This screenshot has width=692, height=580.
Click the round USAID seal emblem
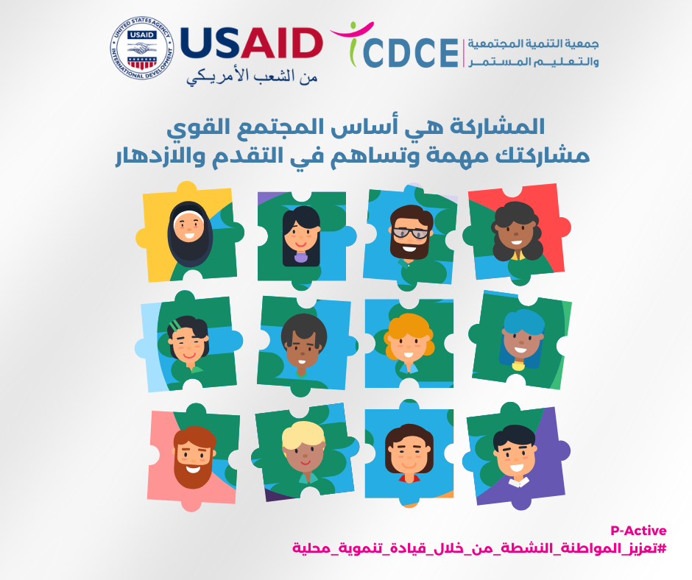[141, 48]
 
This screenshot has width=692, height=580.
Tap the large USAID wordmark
[251, 43]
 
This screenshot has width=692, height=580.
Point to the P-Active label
[638, 530]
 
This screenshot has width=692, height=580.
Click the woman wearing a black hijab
[190, 233]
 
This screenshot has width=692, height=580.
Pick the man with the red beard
[194, 457]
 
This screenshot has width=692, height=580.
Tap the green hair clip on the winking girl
[174, 325]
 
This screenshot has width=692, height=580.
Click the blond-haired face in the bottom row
[304, 451]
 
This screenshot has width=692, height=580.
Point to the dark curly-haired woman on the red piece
[516, 232]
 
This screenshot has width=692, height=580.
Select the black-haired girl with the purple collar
[301, 236]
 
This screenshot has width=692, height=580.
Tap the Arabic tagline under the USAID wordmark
[252, 76]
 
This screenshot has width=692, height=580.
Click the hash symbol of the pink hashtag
[662, 548]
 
